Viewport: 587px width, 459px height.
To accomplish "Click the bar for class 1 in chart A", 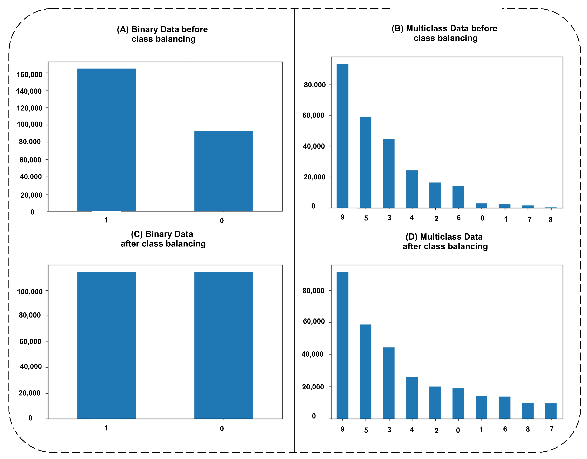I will point(106,140).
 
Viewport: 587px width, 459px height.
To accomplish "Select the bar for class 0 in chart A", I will point(223,171).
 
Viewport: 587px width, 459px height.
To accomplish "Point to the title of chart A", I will point(162,34).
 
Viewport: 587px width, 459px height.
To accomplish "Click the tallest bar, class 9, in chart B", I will point(342,136).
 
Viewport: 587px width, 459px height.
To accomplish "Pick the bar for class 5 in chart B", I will point(365,162).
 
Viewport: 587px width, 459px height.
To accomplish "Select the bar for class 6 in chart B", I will point(458,197).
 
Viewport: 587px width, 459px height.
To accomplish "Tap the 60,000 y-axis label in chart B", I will point(313,115).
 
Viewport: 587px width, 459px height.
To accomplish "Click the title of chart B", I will point(444,33).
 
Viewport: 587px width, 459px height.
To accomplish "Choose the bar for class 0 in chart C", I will point(223,345).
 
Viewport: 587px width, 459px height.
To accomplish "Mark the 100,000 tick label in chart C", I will point(30,292).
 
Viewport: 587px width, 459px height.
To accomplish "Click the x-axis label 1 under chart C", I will point(106,428).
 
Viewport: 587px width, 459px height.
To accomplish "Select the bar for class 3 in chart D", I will point(389,383).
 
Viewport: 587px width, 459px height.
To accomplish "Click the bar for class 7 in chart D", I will point(551,411).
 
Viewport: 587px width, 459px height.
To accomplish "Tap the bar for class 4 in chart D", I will point(412,398).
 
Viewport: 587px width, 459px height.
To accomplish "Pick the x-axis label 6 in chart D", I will point(505,429).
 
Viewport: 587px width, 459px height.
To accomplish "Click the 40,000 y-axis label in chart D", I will point(312,354).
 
